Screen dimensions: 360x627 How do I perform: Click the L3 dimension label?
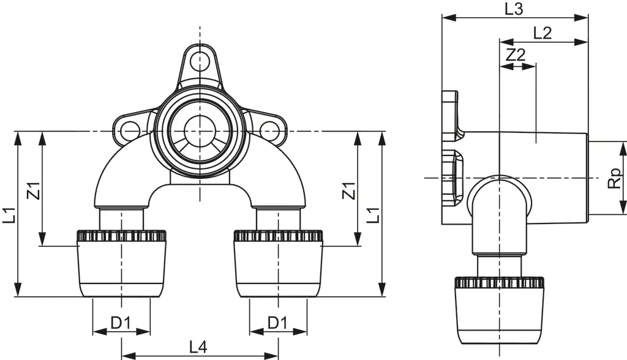pyautogui.click(x=514, y=9)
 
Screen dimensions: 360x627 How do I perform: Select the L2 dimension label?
pyautogui.click(x=543, y=33)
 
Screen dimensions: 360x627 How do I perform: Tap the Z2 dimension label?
pyautogui.click(x=517, y=54)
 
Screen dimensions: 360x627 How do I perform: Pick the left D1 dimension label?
pyautogui.click(x=121, y=323)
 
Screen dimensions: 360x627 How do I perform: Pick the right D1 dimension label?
pyautogui.click(x=277, y=323)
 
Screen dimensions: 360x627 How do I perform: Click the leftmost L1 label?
pyautogui.click(x=9, y=216)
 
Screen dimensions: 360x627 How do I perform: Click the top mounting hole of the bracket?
pyautogui.click(x=200, y=61)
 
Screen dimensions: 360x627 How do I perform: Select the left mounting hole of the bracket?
pyautogui.click(x=129, y=130)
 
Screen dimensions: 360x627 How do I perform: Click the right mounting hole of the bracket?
pyautogui.click(x=269, y=130)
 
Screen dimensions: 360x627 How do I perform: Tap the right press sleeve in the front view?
pyautogui.click(x=279, y=263)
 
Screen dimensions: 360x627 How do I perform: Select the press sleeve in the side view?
pyautogui.click(x=500, y=312)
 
